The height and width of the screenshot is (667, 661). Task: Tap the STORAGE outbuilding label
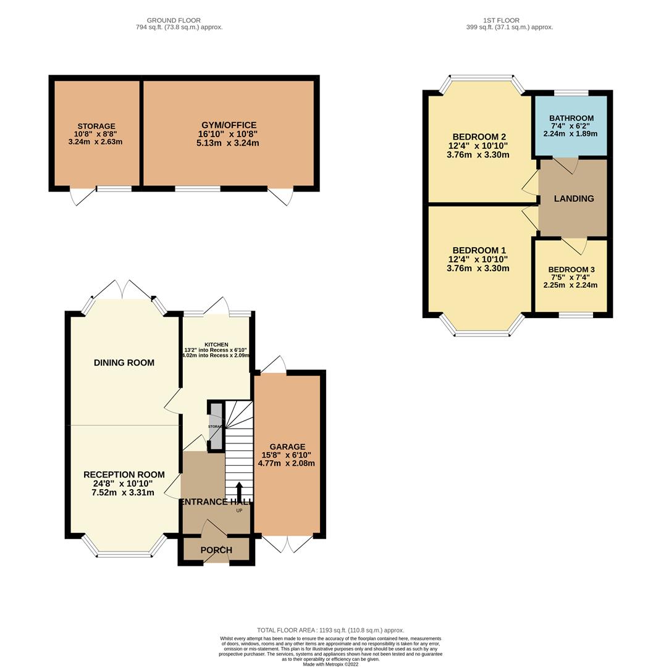point(96,127)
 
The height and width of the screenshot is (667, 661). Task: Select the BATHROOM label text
point(571,119)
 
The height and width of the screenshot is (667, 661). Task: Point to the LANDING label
point(573,199)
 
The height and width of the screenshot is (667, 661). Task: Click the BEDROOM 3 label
point(571,270)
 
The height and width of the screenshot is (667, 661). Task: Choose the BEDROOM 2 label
point(479,137)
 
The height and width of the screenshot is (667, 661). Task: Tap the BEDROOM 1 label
point(479,250)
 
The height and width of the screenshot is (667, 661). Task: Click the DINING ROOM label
point(124,363)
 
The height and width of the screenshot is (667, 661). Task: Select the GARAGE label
point(287,447)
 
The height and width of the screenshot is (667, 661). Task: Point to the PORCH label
point(216,550)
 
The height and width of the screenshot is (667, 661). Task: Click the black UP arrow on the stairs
point(239,492)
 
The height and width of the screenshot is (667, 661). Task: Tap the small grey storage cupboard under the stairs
point(216,426)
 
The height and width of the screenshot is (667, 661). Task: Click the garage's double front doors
point(287,544)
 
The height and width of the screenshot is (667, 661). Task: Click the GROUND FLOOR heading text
point(174,20)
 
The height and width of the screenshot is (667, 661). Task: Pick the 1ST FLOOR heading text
point(502,20)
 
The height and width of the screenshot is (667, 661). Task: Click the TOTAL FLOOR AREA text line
point(330,631)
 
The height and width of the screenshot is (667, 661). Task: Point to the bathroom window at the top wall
point(571,93)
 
